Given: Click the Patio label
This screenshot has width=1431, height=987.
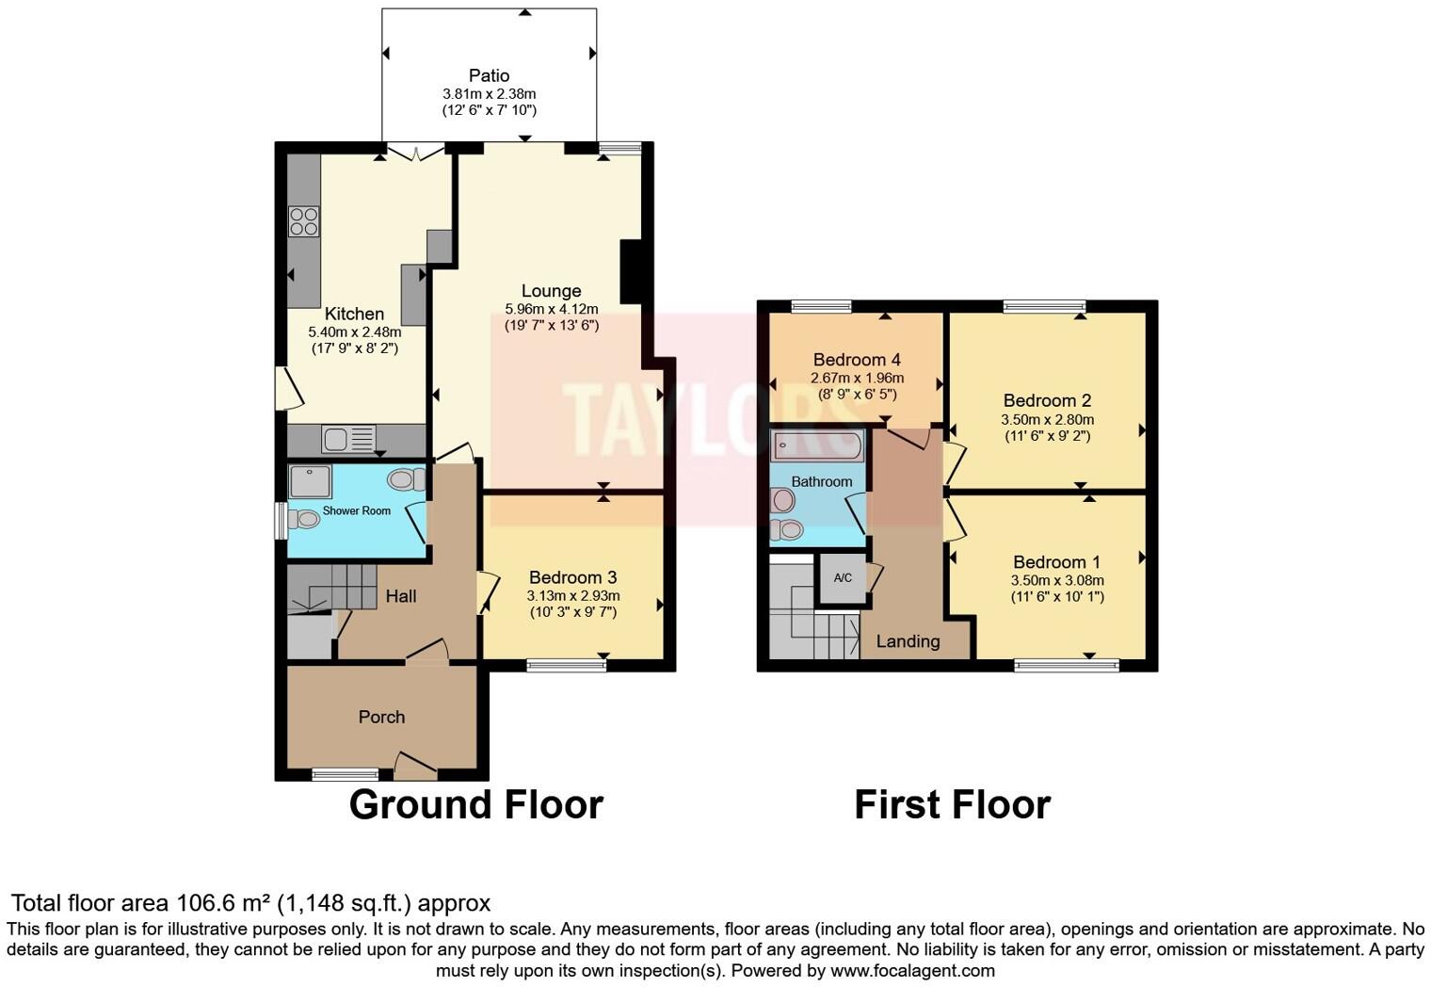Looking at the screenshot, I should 489,75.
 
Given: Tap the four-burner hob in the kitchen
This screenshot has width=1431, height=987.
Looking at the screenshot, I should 303,221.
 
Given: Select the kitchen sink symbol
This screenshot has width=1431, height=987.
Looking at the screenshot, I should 347,439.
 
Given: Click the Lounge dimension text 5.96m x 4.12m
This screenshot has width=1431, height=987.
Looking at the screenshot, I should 552,309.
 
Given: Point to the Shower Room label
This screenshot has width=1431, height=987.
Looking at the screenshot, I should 356,510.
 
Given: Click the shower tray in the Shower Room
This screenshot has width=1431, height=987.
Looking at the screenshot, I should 310,481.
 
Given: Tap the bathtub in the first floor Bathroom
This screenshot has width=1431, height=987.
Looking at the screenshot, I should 816,445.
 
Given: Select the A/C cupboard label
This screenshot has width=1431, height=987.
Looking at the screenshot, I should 843,577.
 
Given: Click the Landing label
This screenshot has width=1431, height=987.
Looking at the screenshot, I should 908,641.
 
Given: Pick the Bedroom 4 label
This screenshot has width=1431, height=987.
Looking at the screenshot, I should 857,360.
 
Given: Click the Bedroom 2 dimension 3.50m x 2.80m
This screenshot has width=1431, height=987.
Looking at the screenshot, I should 1047,420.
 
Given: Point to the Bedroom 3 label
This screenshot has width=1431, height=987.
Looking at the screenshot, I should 572,577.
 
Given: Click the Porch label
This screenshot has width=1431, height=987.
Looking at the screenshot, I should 381,717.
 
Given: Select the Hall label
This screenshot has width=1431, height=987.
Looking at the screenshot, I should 401,596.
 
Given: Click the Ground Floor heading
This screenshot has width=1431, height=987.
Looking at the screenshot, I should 475,805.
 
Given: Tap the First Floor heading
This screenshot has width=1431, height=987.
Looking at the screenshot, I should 952,805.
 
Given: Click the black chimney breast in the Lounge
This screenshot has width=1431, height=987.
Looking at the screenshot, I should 631,271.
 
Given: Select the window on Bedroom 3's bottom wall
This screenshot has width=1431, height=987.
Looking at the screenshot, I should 567,665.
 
